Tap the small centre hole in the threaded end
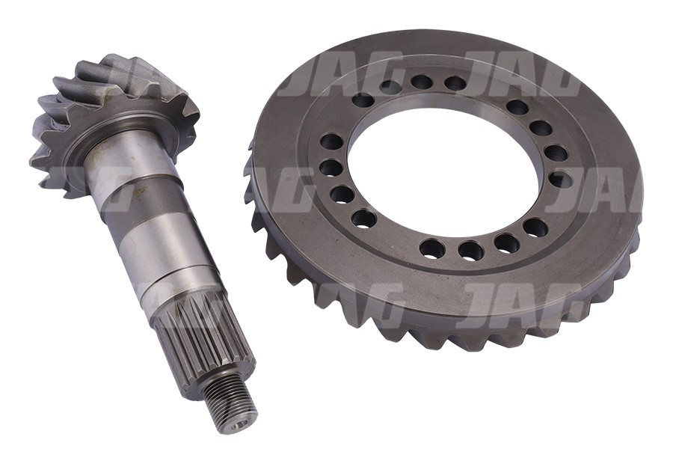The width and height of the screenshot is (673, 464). pos(241,424)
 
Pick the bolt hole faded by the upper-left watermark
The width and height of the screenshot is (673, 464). pos(390,87)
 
